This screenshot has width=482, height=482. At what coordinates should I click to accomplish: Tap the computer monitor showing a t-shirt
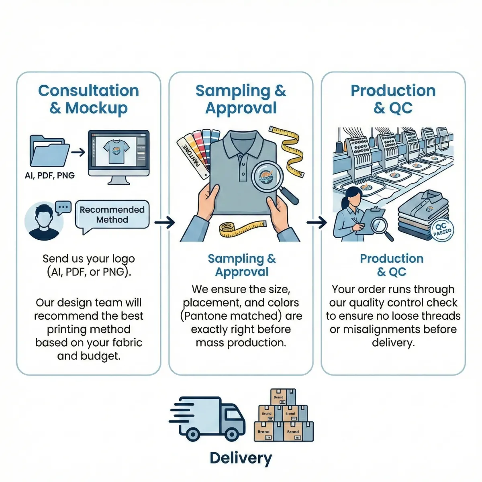click(118, 152)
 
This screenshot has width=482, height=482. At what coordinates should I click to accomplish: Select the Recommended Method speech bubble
click(112, 215)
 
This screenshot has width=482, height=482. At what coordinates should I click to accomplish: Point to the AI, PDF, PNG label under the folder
click(49, 176)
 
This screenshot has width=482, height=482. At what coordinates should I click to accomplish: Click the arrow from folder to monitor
click(78, 152)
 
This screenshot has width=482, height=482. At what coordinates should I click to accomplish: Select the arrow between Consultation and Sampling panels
click(164, 222)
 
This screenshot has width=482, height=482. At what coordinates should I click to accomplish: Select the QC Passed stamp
click(441, 230)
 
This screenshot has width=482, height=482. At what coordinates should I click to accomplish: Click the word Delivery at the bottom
click(241, 458)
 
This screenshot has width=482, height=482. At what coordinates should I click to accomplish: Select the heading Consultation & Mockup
click(88, 99)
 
